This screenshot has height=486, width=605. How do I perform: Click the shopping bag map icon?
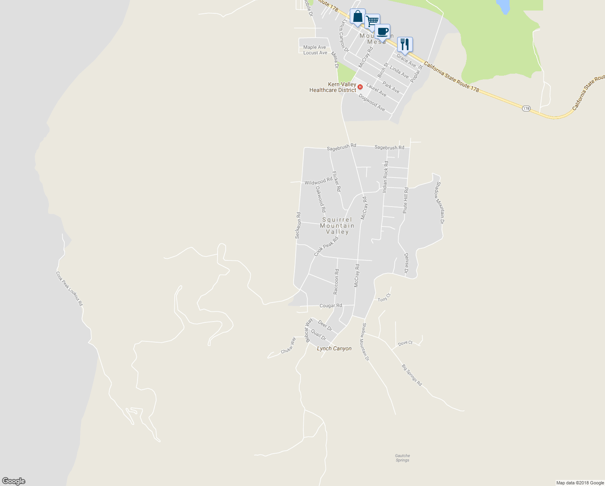[x=357, y=17]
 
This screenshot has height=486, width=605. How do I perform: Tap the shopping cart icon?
[x=372, y=21]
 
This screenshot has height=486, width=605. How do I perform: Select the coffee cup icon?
[x=382, y=31]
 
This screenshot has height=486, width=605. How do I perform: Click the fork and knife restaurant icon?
[x=405, y=44]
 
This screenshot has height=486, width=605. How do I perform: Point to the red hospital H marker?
[x=360, y=87]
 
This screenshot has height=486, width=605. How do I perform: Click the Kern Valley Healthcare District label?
[x=333, y=87]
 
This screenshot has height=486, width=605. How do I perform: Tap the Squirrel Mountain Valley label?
[x=337, y=226]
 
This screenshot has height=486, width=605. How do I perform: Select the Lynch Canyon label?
[x=334, y=348]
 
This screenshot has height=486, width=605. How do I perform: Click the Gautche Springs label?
[x=402, y=458]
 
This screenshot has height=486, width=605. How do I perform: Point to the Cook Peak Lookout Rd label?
[x=69, y=288]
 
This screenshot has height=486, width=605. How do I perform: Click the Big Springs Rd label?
[x=412, y=375]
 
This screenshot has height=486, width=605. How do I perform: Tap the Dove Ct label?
[x=405, y=343]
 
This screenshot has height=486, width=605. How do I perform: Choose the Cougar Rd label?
[x=330, y=306]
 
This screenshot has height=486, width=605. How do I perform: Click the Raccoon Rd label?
[x=336, y=281]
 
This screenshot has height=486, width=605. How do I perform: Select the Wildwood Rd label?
[x=318, y=182]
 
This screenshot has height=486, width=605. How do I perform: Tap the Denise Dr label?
[x=406, y=263]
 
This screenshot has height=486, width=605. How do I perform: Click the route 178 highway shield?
[x=526, y=109]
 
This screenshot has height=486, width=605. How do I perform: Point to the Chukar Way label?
[x=288, y=345]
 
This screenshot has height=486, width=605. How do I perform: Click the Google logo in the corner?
[x=14, y=481]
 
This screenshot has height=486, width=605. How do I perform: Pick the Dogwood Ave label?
[x=372, y=103]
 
